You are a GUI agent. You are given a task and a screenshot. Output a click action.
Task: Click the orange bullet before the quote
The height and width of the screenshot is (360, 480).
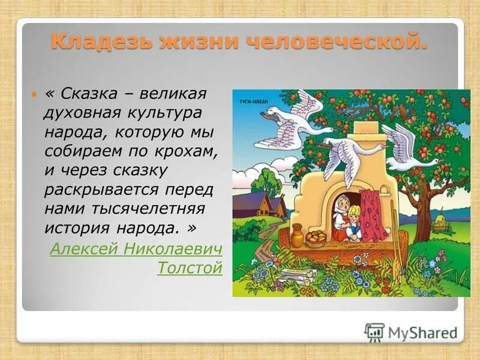click(34, 95)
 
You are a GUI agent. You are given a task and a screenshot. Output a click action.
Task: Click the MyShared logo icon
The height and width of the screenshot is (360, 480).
click(374, 332)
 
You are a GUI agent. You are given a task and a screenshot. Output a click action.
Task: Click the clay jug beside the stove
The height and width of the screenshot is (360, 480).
click(298, 235)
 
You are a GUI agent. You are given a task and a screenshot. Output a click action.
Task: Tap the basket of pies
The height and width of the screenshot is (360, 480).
click(316, 237)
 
